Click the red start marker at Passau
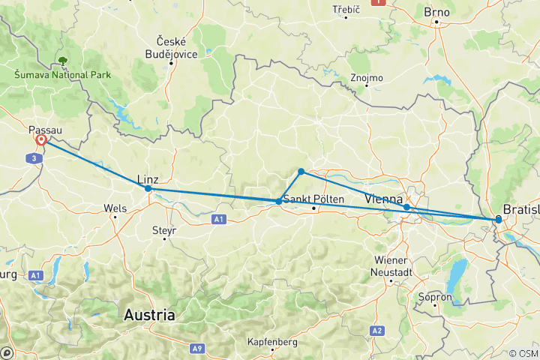[x=40, y=140]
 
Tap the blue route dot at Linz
[x=148, y=189]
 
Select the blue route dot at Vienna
[x=406, y=207]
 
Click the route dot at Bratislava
[x=498, y=219]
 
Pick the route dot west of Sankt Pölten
[x=279, y=201]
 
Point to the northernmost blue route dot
[x=301, y=172]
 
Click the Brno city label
[x=436, y=12]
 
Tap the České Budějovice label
[x=171, y=46]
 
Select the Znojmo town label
[x=367, y=77]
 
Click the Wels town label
[x=114, y=207]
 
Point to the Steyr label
[x=163, y=229]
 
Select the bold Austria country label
[x=150, y=315]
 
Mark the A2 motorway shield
[x=376, y=330]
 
